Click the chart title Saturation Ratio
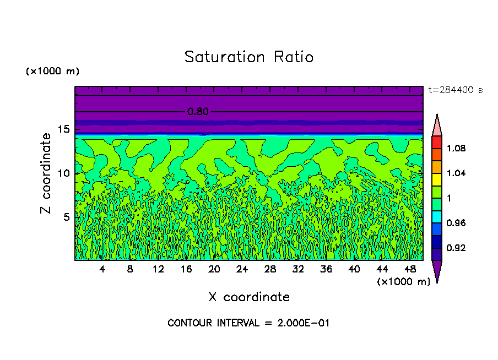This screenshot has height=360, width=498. tap(249, 57)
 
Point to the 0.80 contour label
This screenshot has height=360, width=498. tap(198, 112)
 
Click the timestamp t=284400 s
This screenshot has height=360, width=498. tap(455, 90)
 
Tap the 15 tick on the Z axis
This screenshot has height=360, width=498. tap(63, 129)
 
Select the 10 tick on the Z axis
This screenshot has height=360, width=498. tap(63, 173)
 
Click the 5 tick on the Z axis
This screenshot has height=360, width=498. tap(66, 217)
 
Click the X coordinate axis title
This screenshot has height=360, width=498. tap(249, 297)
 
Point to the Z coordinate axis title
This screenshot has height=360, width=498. tap(47, 173)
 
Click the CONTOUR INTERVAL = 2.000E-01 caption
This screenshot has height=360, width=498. tap(248, 323)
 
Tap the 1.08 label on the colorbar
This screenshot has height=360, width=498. tap(457, 149)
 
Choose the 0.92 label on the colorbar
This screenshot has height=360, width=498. tap(457, 248)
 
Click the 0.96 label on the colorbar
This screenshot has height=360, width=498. tap(457, 223)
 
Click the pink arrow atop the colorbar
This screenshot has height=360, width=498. tap(437, 125)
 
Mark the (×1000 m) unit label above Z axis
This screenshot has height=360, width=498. tap(52, 72)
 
